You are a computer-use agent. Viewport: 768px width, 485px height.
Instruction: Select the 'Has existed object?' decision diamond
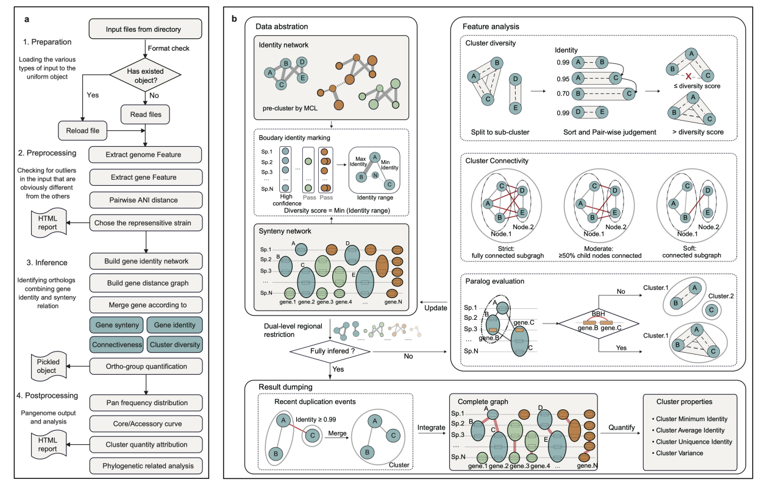(146, 74)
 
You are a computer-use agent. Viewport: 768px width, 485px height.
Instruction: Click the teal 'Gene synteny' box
(115, 325)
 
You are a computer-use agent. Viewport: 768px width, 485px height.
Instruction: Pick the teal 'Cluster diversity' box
(174, 344)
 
